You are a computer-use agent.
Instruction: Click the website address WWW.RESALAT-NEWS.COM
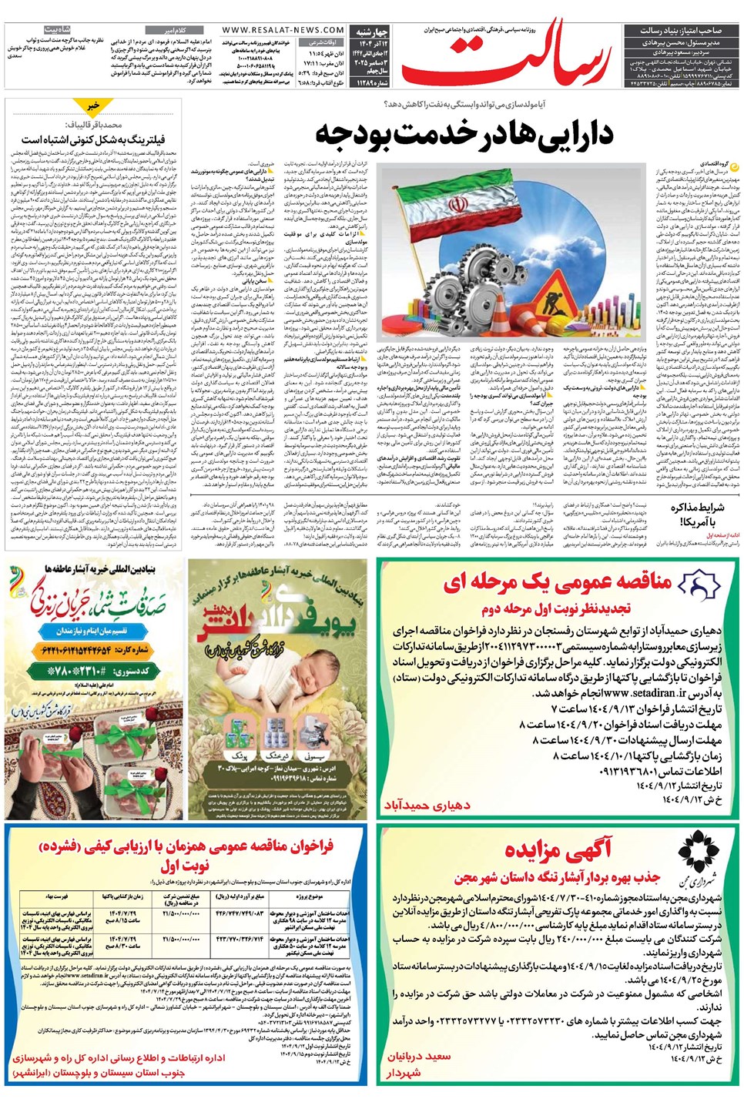(x=283, y=30)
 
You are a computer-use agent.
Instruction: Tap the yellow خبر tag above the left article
(x=93, y=106)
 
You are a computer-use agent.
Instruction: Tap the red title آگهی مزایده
(x=558, y=850)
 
